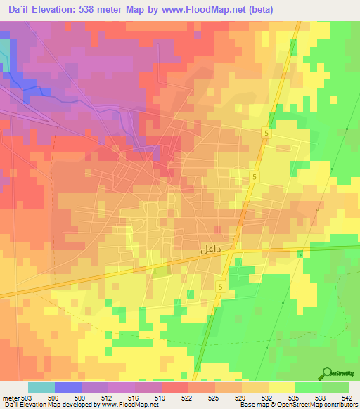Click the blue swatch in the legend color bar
67,387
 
